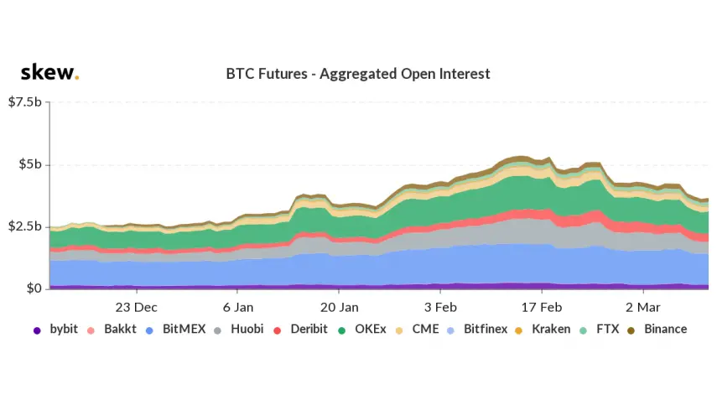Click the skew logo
pyautogui.click(x=49, y=72)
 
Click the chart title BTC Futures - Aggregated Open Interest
pyautogui.click(x=358, y=74)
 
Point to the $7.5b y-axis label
pyautogui.click(x=24, y=102)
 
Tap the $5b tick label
pyautogui.click(x=30, y=164)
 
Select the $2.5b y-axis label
pyautogui.click(x=24, y=226)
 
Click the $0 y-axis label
pyautogui.click(x=34, y=288)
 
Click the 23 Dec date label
pyautogui.click(x=136, y=306)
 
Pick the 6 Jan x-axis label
pyautogui.click(x=238, y=306)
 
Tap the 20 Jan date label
pyautogui.click(x=340, y=306)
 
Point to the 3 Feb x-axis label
pyautogui.click(x=441, y=306)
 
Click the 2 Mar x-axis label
pyautogui.click(x=644, y=306)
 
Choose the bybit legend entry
pyautogui.click(x=57, y=329)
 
